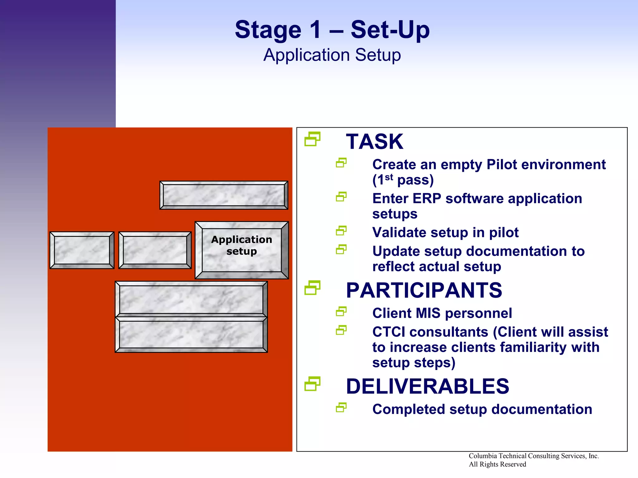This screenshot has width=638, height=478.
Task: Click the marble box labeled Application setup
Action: coord(241,250)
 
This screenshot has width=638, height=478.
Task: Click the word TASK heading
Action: coord(374,142)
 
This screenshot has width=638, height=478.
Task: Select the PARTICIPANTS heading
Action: coord(424,290)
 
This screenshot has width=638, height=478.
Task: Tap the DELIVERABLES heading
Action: coord(427,386)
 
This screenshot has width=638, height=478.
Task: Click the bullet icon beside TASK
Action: coord(312,139)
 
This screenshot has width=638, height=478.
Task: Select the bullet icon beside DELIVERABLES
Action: coord(312,384)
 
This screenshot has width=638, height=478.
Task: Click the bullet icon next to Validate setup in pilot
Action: coord(341,231)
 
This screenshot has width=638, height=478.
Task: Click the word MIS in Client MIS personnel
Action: coord(429,313)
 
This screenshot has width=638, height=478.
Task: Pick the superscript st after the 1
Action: coord(389,177)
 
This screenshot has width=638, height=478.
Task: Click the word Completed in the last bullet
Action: coord(408,409)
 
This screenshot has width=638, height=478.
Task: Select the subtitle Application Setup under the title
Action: coord(332,55)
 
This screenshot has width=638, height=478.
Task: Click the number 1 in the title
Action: coord(315,30)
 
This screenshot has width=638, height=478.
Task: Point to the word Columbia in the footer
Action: coord(483,456)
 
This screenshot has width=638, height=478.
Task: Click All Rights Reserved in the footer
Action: coord(497,464)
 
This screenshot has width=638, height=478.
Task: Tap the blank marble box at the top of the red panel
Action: coord(224,195)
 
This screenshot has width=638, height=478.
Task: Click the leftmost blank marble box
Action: coord(82,250)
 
